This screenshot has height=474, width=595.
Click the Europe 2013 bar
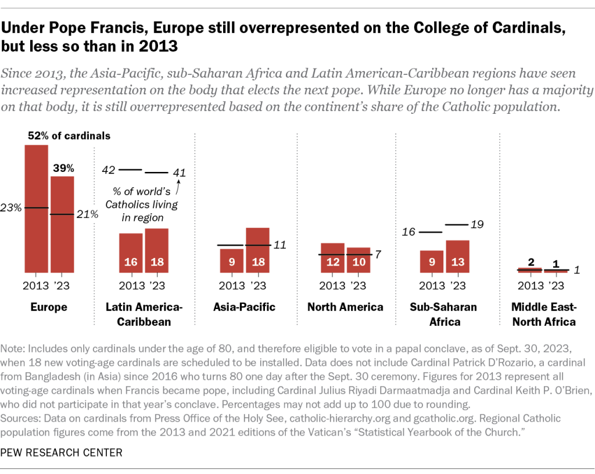[36, 209]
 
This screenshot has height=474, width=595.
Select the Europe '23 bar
[62, 224]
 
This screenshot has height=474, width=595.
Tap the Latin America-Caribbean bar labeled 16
[131, 253]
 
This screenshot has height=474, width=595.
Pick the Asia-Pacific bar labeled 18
[257, 250]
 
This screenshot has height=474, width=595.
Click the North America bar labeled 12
[333, 258]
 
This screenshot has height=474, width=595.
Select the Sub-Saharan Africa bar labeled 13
[458, 256]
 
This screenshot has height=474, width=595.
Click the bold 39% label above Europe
[64, 168]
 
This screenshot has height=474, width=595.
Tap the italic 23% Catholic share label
[12, 207]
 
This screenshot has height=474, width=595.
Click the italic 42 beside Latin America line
[109, 170]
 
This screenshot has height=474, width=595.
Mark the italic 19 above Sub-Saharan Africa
[478, 224]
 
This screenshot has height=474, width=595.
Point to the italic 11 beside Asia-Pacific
[280, 245]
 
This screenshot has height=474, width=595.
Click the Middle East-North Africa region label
[543, 314]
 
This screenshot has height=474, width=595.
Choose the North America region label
[345, 307]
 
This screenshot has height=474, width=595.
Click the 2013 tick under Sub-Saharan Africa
[432, 286]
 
